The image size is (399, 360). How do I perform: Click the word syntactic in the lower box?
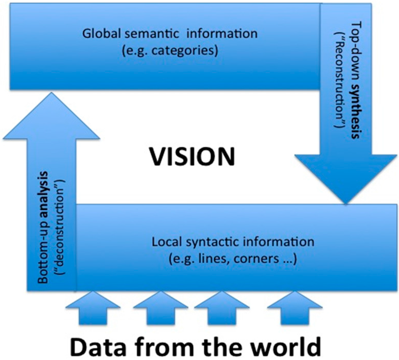pos(204,242)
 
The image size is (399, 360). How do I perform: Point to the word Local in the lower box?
pos(164,242)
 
